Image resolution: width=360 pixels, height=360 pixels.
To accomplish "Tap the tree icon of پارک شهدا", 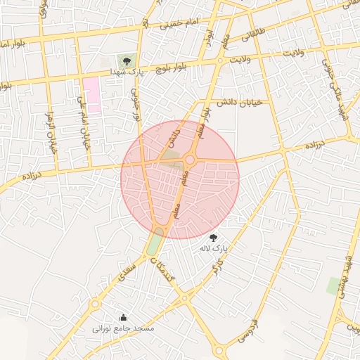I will [126, 61].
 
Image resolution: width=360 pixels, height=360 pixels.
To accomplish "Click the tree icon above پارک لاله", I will [214, 238].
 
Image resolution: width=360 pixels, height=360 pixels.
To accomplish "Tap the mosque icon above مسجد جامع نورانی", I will [124, 317].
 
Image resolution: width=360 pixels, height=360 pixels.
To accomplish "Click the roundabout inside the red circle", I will [190, 160].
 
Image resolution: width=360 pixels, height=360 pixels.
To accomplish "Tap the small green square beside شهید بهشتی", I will [333, 285].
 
